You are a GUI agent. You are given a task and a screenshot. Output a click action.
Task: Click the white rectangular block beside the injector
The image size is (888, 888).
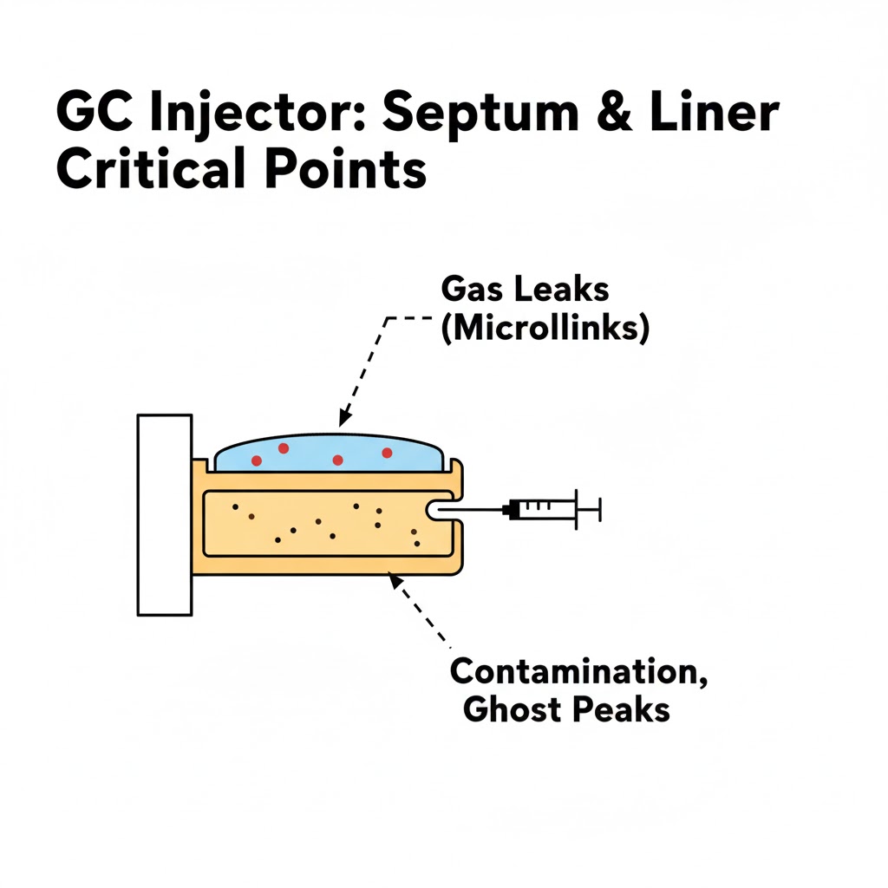[165, 515]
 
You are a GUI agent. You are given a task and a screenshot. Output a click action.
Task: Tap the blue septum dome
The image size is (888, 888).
[330, 453]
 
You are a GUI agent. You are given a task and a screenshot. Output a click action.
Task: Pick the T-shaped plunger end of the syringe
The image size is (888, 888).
[597, 509]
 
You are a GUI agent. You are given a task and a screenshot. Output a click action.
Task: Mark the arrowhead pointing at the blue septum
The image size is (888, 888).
[344, 418]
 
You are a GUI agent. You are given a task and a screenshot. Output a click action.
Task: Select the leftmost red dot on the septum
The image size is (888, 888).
[257, 460]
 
